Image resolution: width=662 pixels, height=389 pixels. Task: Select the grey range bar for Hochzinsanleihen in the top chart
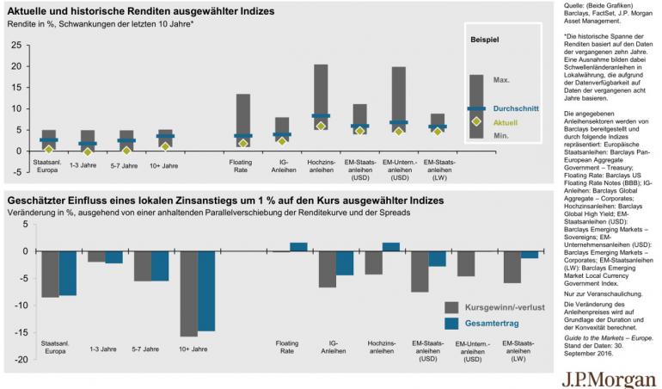pos(321,96)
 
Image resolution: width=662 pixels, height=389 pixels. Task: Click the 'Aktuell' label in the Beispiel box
pos(505,121)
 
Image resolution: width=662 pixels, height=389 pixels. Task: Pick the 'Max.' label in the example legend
pos(502,80)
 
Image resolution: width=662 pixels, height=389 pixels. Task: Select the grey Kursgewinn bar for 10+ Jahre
pos(187,293)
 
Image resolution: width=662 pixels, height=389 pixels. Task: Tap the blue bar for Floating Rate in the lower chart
pos(298,247)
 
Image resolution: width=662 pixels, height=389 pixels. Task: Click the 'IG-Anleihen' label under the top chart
pos(282,165)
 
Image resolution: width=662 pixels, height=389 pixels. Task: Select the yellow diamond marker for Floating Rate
pos(243,143)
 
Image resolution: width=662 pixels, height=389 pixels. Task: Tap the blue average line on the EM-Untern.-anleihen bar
pos(398,123)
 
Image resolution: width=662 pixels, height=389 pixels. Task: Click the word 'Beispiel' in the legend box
pos(487,40)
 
